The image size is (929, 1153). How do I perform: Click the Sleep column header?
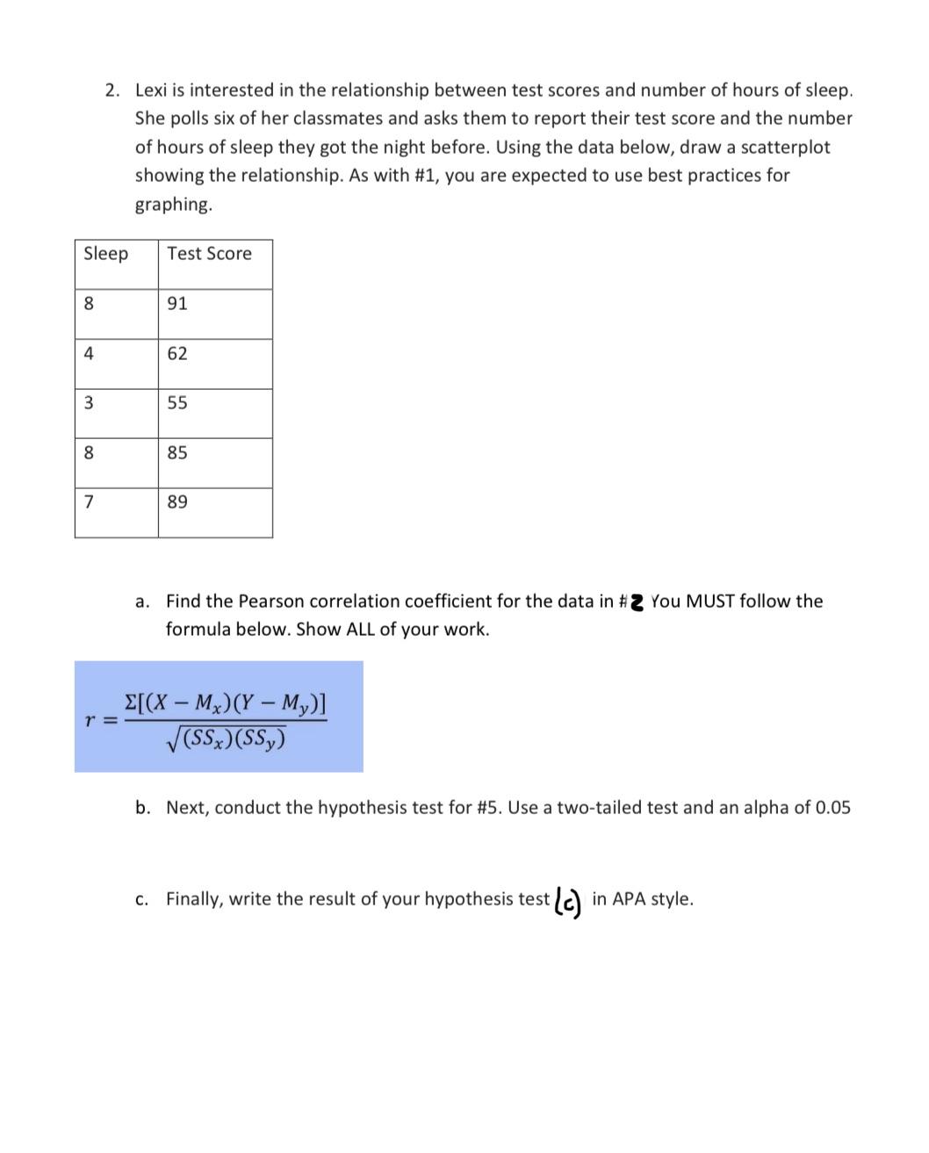pyautogui.click(x=105, y=254)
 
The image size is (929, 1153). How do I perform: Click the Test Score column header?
pyautogui.click(x=209, y=254)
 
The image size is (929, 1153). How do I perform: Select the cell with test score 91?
pyautogui.click(x=177, y=304)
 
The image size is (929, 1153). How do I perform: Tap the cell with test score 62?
pyautogui.click(x=177, y=354)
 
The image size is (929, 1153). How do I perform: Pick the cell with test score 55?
pyautogui.click(x=177, y=403)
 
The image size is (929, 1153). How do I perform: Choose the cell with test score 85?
pyautogui.click(x=177, y=453)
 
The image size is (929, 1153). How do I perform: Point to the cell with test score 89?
pyautogui.click(x=177, y=502)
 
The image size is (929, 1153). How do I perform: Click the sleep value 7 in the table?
pyautogui.click(x=88, y=502)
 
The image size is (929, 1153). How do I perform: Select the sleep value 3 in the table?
pyautogui.click(x=88, y=403)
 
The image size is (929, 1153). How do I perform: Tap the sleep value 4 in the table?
pyautogui.click(x=88, y=354)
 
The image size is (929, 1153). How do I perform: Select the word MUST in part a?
pyautogui.click(x=709, y=602)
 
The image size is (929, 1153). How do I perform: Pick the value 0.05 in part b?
pyautogui.click(x=832, y=808)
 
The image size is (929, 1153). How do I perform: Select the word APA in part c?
pyautogui.click(x=628, y=899)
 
